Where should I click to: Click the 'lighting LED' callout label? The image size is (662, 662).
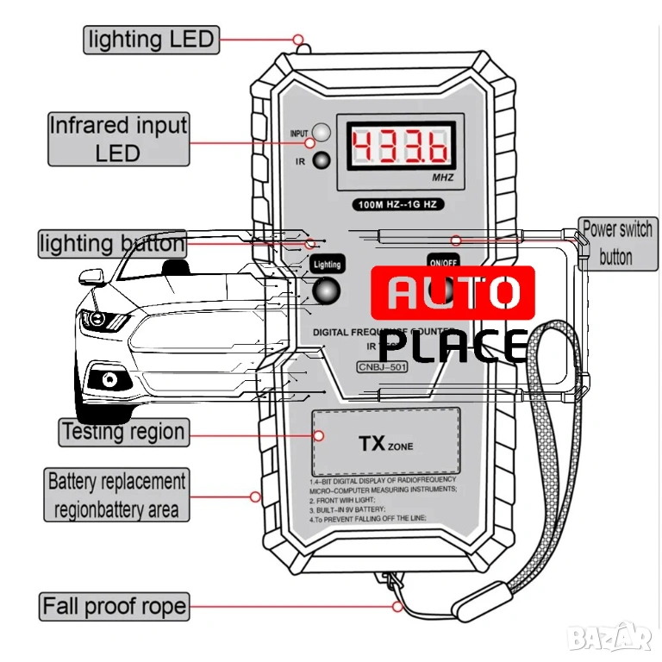150,39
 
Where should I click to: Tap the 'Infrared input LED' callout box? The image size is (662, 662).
118,139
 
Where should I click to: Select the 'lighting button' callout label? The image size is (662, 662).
112,244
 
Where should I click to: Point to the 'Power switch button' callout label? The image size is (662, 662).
615,243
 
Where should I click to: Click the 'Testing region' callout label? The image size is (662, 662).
123,432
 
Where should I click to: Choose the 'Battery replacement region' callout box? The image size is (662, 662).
116,495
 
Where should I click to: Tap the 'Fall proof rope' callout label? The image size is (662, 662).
115,606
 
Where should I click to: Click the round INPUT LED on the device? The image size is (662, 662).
322,133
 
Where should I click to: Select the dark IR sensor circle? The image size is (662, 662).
322,160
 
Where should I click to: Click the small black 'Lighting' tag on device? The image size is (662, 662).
327,264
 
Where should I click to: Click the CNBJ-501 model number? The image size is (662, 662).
381,367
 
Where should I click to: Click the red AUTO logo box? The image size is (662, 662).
453,293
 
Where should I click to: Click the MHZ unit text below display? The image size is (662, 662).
442,179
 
